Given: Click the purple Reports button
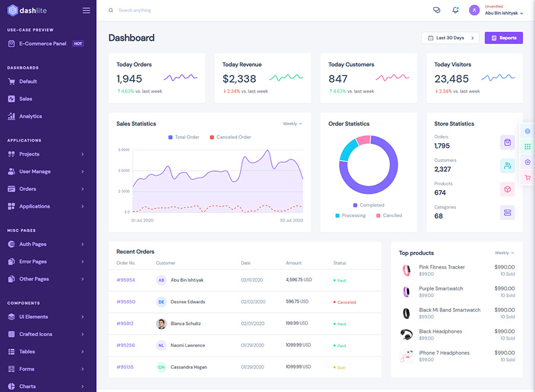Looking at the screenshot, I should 503,38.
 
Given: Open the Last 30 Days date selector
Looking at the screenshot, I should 450,38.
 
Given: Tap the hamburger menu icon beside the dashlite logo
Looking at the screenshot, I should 86,11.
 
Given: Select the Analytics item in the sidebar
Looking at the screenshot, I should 30,116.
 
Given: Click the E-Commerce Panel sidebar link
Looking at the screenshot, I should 42,43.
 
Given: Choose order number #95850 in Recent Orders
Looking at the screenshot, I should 126,302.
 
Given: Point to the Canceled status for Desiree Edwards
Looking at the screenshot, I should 346,302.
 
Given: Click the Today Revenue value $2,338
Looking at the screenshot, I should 240,79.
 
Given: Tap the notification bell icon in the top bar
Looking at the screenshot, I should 455,10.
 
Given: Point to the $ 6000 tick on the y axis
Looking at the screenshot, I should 124,170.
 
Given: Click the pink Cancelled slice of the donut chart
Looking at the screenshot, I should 363,141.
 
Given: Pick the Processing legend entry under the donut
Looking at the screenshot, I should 354,216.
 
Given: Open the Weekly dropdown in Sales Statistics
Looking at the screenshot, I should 292,124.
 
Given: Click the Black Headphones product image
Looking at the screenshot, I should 407,334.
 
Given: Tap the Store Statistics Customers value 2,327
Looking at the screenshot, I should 442,169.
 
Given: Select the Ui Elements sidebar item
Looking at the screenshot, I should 33,317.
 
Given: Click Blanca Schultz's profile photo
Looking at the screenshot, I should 161,324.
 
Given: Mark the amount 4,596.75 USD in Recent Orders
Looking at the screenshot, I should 299,280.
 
